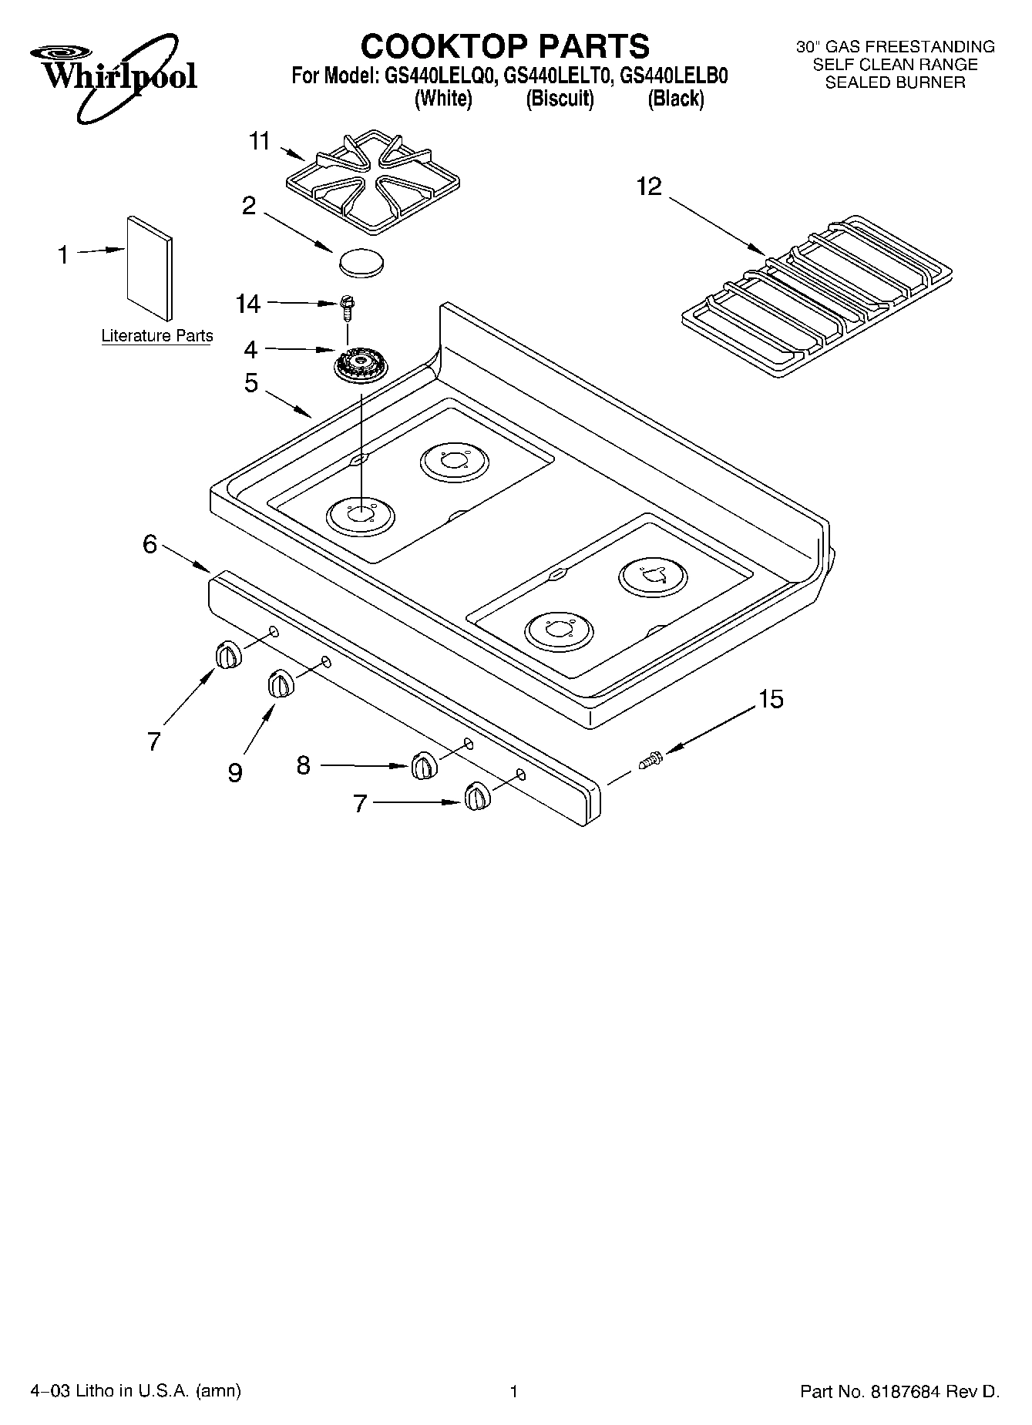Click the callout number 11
click(260, 142)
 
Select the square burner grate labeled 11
click(373, 180)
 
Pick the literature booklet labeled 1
click(150, 266)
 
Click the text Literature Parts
click(157, 336)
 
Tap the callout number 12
click(649, 187)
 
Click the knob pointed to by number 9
click(280, 684)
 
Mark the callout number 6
click(150, 544)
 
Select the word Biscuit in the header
click(560, 99)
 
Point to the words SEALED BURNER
click(895, 82)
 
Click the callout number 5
click(251, 384)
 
